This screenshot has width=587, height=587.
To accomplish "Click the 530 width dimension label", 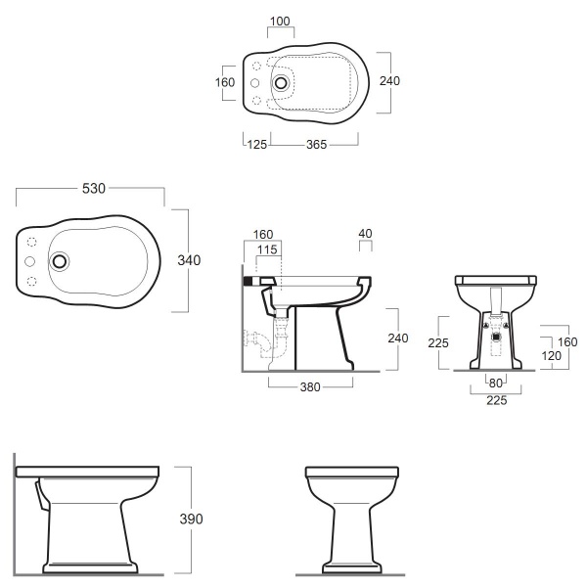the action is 94,188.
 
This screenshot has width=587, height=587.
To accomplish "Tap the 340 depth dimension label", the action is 189,260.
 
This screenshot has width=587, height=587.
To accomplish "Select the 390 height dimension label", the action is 191,519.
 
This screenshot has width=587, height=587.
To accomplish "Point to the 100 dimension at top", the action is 280,22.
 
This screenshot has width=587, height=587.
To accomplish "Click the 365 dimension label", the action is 316,145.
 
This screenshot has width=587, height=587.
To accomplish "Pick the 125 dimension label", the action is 257,145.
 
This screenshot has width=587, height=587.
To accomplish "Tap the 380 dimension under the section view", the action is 310,386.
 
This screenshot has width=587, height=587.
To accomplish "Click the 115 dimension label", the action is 267,249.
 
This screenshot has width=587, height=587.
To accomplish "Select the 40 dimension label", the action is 365,234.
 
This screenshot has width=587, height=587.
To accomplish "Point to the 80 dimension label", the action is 496,383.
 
